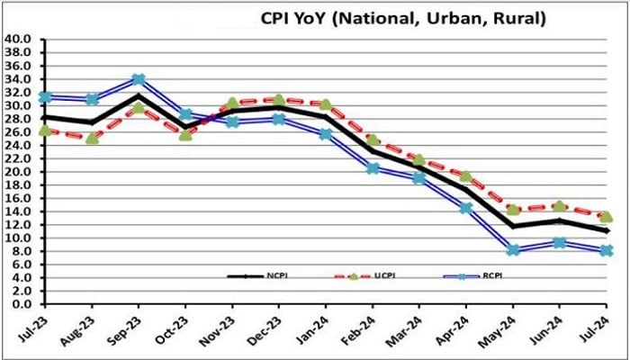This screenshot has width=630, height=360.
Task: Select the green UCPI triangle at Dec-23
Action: [x=279, y=100]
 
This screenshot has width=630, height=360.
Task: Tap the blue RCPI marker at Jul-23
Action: [x=44, y=97]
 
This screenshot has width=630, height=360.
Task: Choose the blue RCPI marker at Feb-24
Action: [x=373, y=168]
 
